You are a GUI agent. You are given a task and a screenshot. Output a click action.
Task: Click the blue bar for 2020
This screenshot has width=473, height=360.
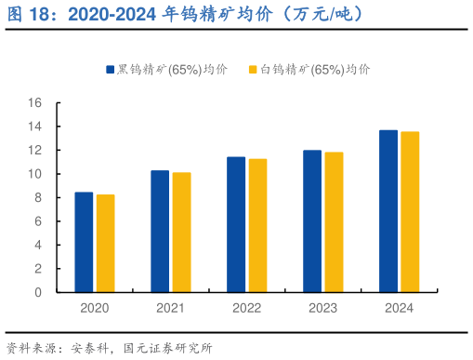(x=84, y=242)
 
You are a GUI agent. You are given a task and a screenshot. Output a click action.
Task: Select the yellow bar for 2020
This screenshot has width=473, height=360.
(x=105, y=243)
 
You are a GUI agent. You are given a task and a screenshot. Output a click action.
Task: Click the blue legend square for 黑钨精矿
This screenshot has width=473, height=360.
(x=109, y=70)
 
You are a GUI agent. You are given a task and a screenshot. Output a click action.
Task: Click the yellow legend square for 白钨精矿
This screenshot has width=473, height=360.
(x=253, y=70)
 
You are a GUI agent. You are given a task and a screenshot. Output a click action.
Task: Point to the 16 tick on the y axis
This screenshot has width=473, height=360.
(x=35, y=102)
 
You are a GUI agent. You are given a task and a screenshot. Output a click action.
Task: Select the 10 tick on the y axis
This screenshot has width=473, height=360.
(x=35, y=174)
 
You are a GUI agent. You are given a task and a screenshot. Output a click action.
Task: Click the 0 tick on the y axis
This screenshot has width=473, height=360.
(x=39, y=292)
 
